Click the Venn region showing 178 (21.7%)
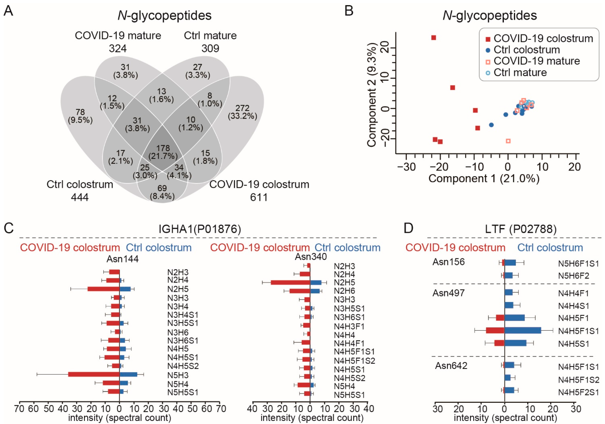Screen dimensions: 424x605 (163, 152)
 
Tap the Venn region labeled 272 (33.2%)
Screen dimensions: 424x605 (242, 112)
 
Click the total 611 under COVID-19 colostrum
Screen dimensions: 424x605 (259, 197)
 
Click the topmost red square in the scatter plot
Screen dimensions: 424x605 (433, 38)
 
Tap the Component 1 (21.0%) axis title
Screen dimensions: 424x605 (484, 179)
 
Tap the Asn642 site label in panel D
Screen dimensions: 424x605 (451, 366)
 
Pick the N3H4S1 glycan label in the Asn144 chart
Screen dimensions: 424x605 (183, 315)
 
